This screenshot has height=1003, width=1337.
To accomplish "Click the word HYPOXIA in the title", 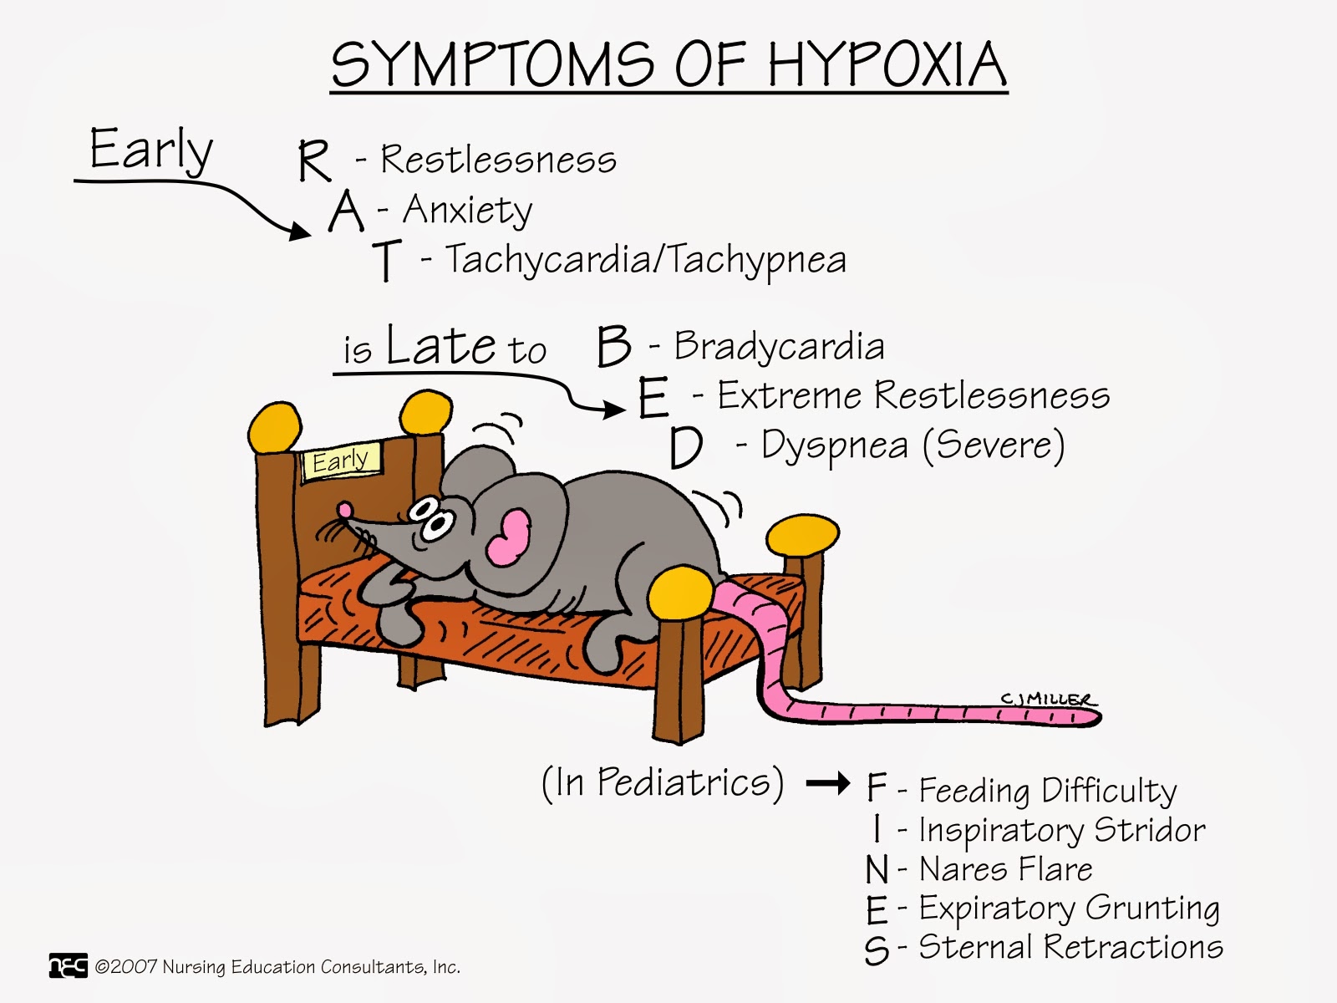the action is tap(887, 64).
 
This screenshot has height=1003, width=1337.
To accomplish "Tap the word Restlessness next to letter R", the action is tap(498, 159).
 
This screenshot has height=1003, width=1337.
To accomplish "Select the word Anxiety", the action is tap(467, 210).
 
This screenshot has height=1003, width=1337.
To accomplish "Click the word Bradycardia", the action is tap(779, 346).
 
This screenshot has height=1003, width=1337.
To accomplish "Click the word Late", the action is tap(442, 345).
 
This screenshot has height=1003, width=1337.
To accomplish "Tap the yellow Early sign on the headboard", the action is tap(341, 461).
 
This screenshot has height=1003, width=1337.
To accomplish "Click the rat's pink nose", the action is tap(344, 509).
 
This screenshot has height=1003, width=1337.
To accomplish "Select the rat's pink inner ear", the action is tap(509, 537).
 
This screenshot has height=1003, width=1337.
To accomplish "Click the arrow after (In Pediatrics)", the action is tap(828, 784).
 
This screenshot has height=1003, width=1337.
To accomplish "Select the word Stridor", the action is tap(1149, 829).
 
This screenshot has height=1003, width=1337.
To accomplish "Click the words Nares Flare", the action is tap(1005, 869).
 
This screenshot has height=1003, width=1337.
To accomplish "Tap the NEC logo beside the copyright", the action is tap(68, 966).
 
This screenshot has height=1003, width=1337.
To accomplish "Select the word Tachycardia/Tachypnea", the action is tap(645, 260).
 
